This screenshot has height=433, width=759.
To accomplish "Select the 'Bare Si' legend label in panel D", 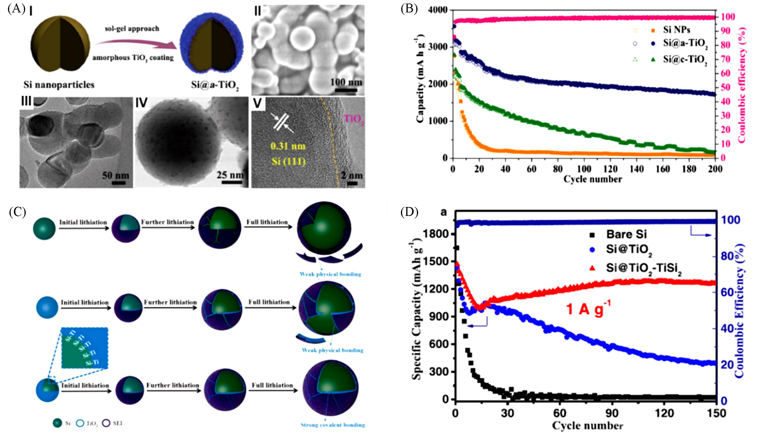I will pyautogui.click(x=627, y=234).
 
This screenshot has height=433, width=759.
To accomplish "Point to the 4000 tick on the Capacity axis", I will pyautogui.click(x=437, y=10).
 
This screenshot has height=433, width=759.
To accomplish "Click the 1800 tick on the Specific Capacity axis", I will pyautogui.click(x=437, y=234).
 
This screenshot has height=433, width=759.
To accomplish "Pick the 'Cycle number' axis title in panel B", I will pyautogui.click(x=593, y=179).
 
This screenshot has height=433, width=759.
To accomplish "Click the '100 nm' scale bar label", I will pyautogui.click(x=346, y=82).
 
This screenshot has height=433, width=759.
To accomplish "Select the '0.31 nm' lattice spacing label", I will pyautogui.click(x=288, y=146).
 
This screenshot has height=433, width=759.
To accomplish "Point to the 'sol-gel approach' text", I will pyautogui.click(x=132, y=29).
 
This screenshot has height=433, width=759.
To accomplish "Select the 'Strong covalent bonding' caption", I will pyautogui.click(x=332, y=425).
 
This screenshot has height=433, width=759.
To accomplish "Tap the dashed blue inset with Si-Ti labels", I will pyautogui.click(x=85, y=348).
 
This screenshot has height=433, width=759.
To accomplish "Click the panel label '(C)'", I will pyautogui.click(x=17, y=212).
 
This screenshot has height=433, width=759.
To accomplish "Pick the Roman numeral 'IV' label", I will pyautogui.click(x=141, y=103).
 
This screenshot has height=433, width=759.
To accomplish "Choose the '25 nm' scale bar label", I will pyautogui.click(x=230, y=175).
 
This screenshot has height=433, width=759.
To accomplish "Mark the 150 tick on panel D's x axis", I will pyautogui.click(x=716, y=413).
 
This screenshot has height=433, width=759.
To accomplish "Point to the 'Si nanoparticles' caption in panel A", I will pyautogui.click(x=59, y=85).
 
